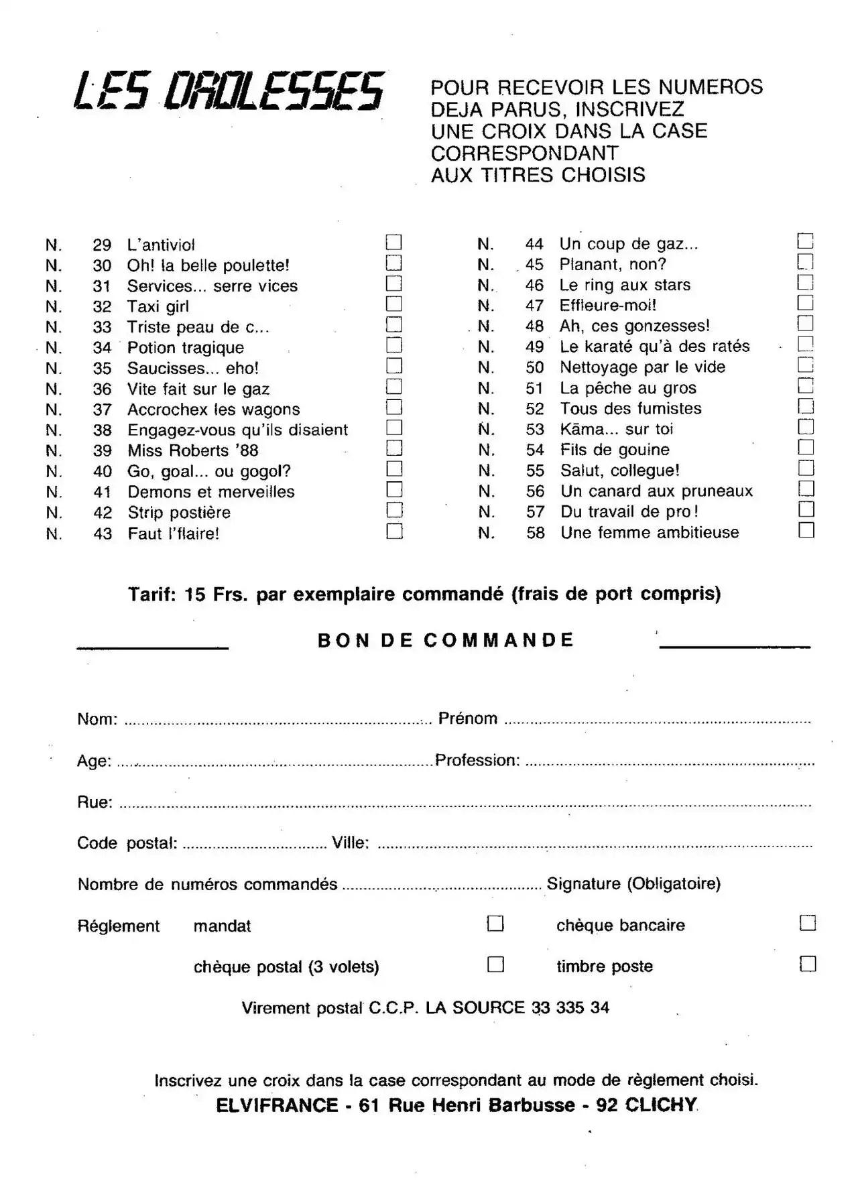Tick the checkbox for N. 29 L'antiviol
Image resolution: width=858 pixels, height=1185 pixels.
point(394,242)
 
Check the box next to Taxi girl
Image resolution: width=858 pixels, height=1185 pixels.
point(394,304)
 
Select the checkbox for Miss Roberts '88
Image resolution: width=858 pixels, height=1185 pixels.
point(394,448)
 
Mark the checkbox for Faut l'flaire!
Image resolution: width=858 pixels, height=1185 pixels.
point(394,532)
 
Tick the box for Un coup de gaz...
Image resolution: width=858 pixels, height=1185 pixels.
point(805,241)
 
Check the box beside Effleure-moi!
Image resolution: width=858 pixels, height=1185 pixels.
point(805,303)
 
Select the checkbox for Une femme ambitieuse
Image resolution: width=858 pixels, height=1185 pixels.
point(806,530)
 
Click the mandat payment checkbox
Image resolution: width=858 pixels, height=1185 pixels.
point(495,924)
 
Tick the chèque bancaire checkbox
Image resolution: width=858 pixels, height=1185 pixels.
point(808,923)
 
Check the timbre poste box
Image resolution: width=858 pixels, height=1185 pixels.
point(808,964)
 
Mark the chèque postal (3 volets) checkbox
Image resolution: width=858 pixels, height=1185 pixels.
point(495,964)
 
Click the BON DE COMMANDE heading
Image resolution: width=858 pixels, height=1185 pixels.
point(446,640)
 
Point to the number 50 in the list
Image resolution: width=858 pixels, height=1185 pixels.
point(535,367)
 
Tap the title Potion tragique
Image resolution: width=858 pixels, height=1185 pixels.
point(186,348)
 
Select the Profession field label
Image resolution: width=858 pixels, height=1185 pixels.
point(477,760)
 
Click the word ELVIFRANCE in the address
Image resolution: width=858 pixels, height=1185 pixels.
point(277,1105)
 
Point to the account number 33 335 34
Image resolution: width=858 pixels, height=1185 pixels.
point(570,1007)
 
